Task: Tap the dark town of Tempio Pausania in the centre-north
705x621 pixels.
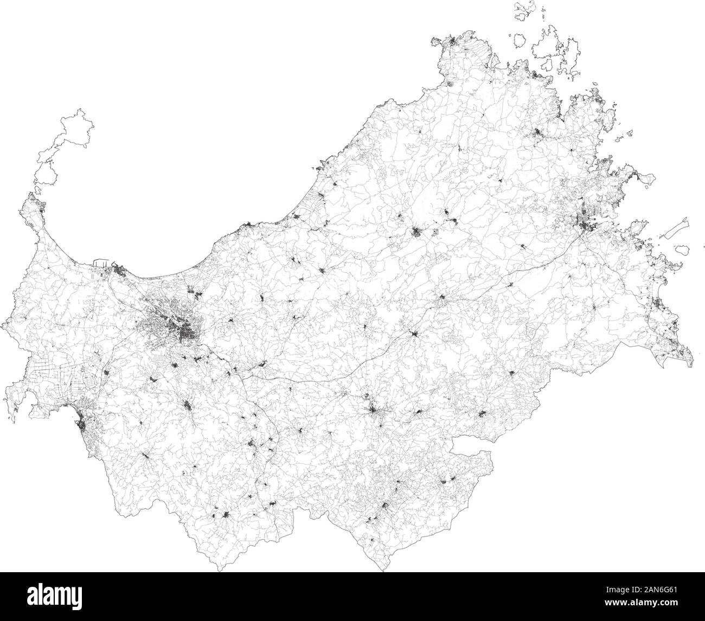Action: click(x=417, y=234)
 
